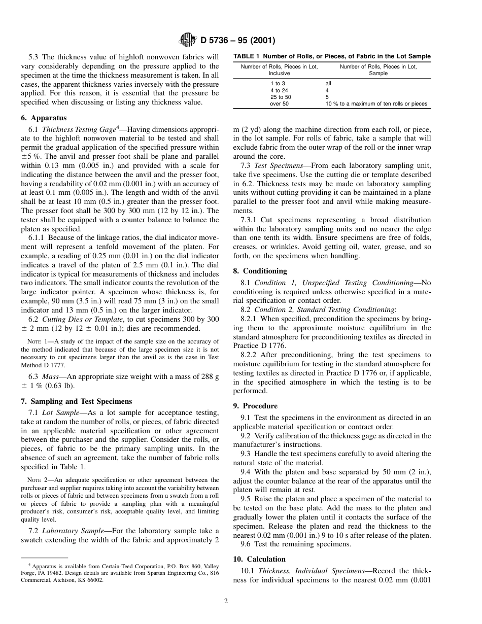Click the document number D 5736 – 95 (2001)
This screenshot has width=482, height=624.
238,40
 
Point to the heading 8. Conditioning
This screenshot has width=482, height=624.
260,271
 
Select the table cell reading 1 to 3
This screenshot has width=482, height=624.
278,83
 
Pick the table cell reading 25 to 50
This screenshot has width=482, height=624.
281,97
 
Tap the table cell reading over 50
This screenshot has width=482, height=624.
279,104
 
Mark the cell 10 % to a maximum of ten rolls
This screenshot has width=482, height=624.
376,104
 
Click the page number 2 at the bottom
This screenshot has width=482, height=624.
226,601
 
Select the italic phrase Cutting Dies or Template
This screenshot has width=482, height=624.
81,319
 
